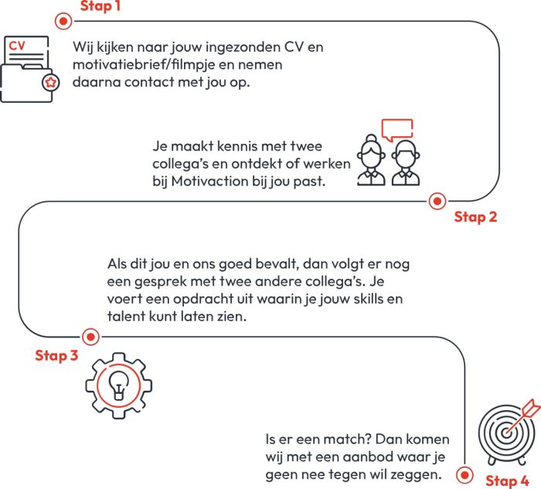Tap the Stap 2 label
tap(475, 217)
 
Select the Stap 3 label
tap(56, 356)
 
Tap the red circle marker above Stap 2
tap(437, 202)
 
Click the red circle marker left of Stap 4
tap(465, 474)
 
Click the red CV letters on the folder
tap(17, 46)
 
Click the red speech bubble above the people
tap(397, 128)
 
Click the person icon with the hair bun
tap(372, 161)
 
